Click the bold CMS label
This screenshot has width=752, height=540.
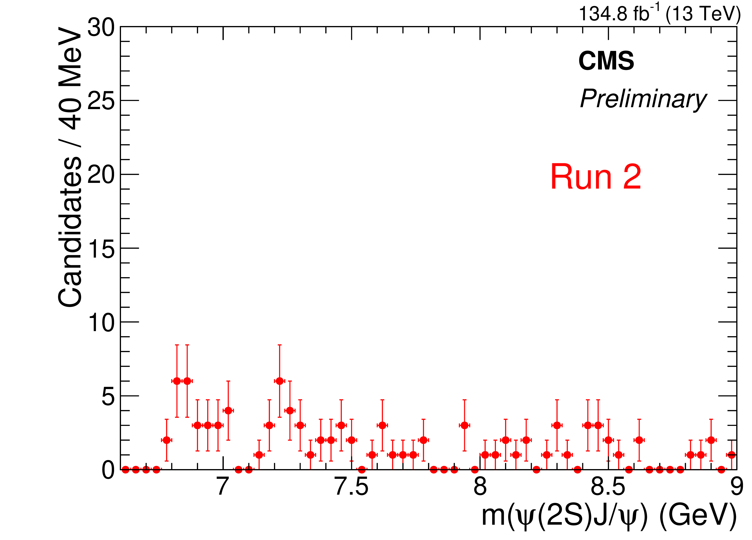(606, 61)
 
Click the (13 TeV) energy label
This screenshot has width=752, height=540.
(703, 14)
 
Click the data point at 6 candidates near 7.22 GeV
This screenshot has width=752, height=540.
(279, 381)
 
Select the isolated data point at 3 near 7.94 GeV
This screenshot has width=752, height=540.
(464, 425)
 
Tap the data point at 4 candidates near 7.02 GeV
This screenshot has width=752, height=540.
(228, 411)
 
